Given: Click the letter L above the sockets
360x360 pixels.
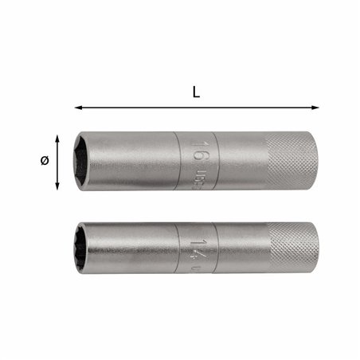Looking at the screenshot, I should [196, 92].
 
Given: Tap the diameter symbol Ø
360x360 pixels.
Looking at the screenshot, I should [44, 160].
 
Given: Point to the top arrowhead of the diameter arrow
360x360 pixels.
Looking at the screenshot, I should [58, 135].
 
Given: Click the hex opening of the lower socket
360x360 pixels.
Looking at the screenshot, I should [86, 251].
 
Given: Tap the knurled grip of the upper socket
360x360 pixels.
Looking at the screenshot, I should [291, 161].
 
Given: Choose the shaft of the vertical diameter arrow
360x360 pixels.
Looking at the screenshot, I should [58, 162].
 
